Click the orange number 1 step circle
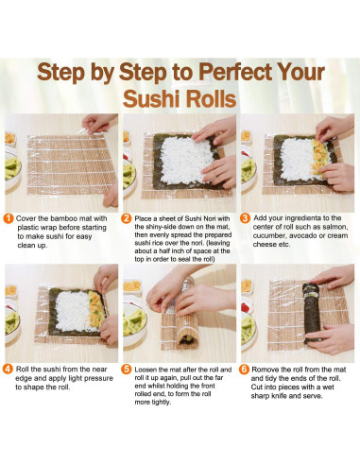point(9,218)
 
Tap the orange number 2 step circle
point(128,218)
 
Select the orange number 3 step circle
point(246,218)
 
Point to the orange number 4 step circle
point(9,368)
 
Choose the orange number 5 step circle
point(128,368)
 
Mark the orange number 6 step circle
point(246,368)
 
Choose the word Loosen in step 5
point(149,368)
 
